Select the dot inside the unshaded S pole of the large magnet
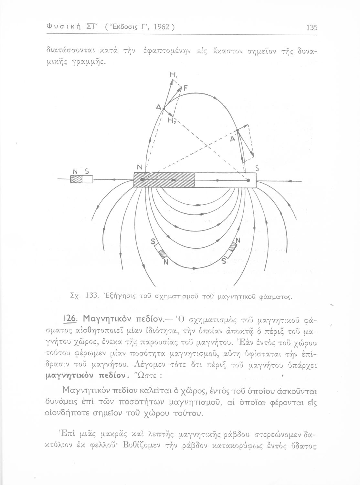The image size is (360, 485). [x=248, y=180]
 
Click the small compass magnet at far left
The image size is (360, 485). [x=81, y=179]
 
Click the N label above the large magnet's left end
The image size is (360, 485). [x=140, y=167]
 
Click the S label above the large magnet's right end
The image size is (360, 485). [x=257, y=168]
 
